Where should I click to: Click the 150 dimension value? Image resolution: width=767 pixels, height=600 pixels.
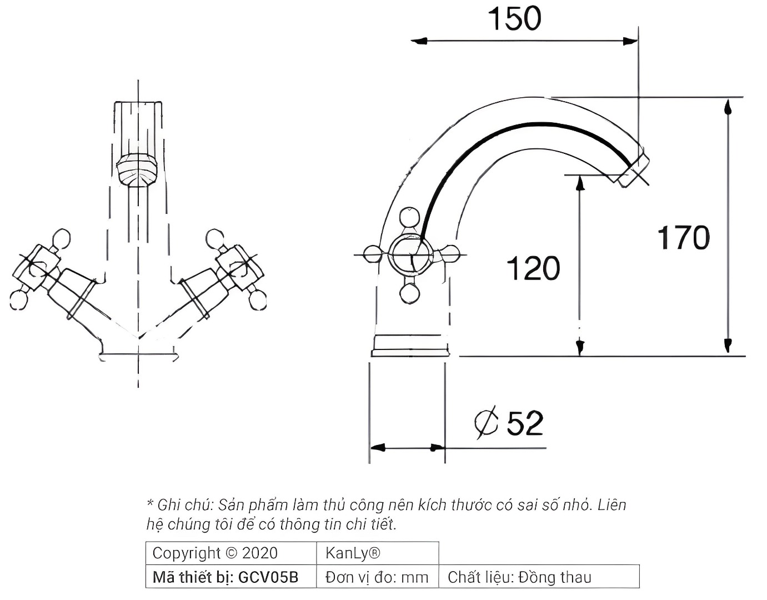click(x=514, y=18)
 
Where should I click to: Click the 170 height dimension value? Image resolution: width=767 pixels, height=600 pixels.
click(x=683, y=238)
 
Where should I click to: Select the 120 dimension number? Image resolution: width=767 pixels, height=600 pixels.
click(x=533, y=269)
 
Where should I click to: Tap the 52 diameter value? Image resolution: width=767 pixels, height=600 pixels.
click(x=525, y=423)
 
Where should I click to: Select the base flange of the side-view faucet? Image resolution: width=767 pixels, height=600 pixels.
click(x=410, y=345)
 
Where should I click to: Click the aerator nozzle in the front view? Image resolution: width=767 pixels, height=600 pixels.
click(x=137, y=170)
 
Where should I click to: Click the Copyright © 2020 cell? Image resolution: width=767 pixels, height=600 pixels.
click(x=215, y=553)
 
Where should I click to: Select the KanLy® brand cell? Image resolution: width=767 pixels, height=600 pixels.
click(x=353, y=553)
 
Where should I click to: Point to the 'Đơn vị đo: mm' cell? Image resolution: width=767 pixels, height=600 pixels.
click(x=377, y=578)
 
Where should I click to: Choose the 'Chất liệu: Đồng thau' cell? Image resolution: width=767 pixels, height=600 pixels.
click(x=519, y=578)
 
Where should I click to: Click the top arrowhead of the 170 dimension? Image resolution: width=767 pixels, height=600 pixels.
click(x=728, y=105)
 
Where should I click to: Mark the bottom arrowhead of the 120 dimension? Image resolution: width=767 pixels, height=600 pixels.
click(x=579, y=348)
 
